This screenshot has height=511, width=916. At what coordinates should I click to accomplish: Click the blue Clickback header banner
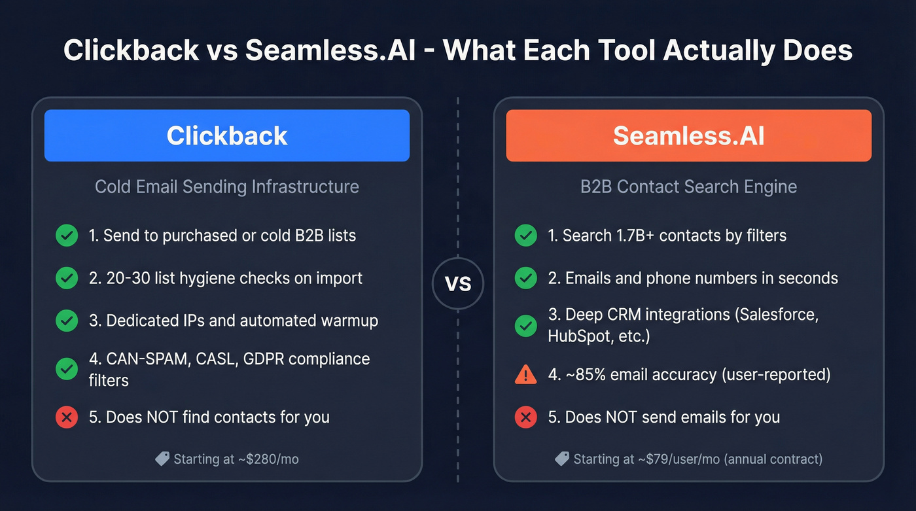point(226,135)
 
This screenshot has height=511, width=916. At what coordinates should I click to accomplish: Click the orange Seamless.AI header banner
point(688,135)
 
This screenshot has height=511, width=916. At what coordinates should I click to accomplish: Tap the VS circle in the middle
point(458,285)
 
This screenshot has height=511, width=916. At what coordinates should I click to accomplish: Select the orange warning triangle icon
point(525,375)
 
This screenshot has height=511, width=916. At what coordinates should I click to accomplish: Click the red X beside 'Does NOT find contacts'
point(67,417)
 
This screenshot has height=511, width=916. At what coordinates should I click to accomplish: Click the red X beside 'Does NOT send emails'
point(525,417)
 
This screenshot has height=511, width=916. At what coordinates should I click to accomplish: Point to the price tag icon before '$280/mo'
point(162,459)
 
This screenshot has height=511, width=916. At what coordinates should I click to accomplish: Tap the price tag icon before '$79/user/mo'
point(562,459)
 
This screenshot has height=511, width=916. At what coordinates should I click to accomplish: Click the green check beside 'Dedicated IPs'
point(67,321)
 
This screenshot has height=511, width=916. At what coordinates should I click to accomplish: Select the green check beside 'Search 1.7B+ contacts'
point(525,235)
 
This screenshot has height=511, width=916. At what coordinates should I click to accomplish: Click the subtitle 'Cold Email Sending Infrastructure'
point(226,186)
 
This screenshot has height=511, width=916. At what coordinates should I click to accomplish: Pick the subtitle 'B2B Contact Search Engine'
point(688,186)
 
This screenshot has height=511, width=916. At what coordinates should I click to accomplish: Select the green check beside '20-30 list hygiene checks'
point(67,278)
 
